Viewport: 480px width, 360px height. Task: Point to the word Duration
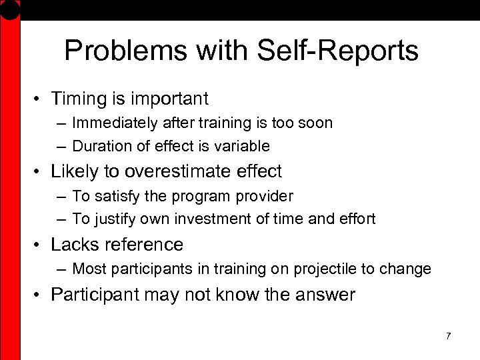(x=98, y=145)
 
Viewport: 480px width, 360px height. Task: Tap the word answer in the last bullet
(x=323, y=295)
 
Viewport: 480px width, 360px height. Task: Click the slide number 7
(x=448, y=336)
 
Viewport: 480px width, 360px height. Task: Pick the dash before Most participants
(x=61, y=269)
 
